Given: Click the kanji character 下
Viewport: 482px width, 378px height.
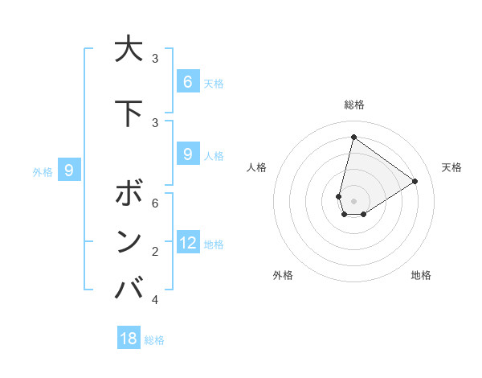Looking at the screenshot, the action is (x=127, y=114).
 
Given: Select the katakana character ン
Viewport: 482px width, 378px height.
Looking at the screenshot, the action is (x=128, y=240).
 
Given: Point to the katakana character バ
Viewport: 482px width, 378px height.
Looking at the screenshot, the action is (x=129, y=287).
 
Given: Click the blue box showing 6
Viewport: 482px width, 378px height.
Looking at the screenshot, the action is (x=187, y=81).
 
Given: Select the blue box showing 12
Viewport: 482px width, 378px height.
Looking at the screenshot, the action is (x=188, y=242).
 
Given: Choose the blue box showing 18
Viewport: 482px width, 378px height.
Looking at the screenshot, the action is (x=129, y=339).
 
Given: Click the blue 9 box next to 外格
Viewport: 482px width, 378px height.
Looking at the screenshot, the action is (x=69, y=170).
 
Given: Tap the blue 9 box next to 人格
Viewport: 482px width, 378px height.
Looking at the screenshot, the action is (x=187, y=154).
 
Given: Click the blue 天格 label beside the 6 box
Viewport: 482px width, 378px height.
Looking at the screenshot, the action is (x=214, y=83).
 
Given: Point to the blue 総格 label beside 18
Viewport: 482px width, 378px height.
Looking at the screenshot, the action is (x=154, y=340).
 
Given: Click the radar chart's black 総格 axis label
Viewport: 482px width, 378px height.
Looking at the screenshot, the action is (x=353, y=105).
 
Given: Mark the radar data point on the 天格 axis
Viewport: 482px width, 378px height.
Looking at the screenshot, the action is (x=415, y=182).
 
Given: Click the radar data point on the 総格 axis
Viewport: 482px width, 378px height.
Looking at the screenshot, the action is (x=353, y=138).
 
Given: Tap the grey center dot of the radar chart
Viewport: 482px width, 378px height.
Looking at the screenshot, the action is (x=353, y=201).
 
